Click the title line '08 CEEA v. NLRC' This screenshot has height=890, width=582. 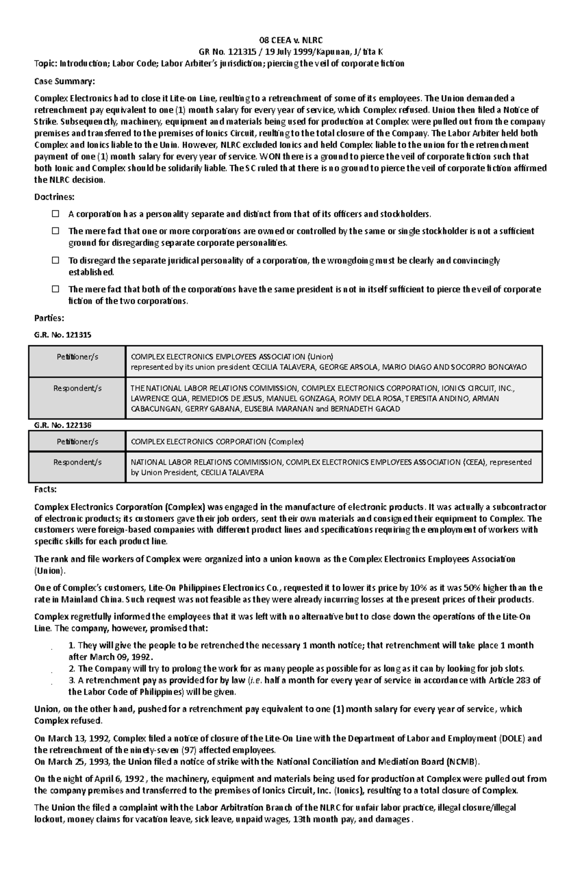pyautogui.click(x=291, y=40)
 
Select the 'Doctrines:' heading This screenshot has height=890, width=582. pyautogui.click(x=54, y=197)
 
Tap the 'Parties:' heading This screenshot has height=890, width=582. pyautogui.click(x=49, y=318)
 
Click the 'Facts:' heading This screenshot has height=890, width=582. pyautogui.click(x=45, y=489)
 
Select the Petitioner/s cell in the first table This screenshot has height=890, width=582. pyautogui.click(x=77, y=357)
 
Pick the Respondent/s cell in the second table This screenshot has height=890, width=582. pyautogui.click(x=77, y=462)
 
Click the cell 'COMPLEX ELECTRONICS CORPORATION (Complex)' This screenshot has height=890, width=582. pyautogui.click(x=217, y=442)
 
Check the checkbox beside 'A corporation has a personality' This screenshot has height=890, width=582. pyautogui.click(x=56, y=214)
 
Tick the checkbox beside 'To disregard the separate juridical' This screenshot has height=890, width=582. pyautogui.click(x=56, y=260)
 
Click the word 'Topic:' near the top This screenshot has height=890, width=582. pyautogui.click(x=46, y=64)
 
